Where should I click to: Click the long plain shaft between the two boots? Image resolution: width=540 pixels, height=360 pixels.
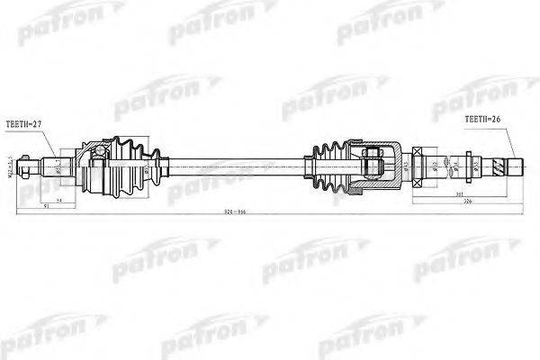(234, 165)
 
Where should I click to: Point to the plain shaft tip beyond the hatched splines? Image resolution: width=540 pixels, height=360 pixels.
(516, 166)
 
